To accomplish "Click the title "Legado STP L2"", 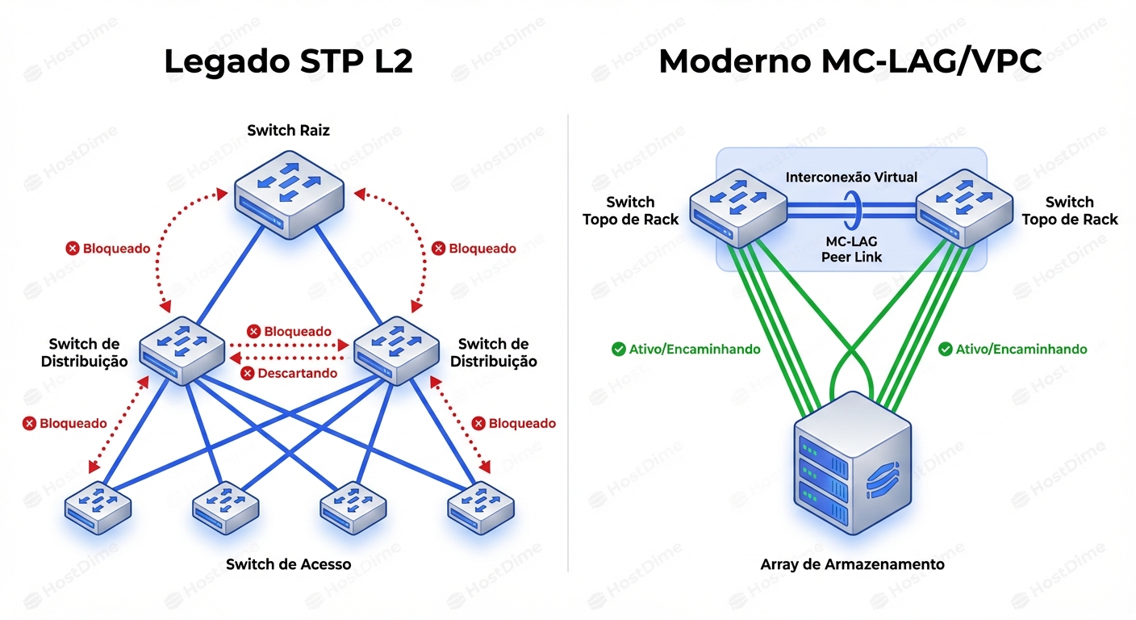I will point(288,62).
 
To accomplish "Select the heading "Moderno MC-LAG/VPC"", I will point(850,62).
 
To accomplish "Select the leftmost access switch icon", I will point(98,507).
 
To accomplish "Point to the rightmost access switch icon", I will point(481,507).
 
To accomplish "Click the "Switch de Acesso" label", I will point(288,564).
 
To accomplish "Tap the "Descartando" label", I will point(298,373).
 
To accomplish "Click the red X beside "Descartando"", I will point(248,373).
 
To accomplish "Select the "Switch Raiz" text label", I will point(288,130).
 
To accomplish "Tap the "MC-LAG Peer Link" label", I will point(851,249).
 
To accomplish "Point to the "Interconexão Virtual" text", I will point(851,177).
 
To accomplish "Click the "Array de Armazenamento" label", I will point(852,564).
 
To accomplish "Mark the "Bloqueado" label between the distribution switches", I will point(298,332).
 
